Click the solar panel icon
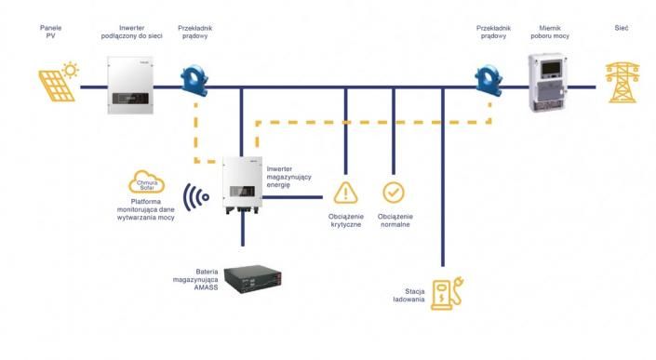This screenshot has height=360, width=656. click(57, 87)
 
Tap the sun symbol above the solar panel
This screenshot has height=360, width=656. click(71, 70)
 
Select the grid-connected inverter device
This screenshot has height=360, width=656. click(130, 86)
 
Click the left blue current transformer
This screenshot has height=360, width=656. click(194, 81)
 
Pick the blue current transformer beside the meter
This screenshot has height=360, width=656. click(489, 81)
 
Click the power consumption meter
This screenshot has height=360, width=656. click(548, 83)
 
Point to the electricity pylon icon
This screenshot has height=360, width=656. click(623, 83)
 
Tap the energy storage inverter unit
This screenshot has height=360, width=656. click(243, 184)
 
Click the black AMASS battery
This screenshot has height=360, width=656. click(253, 278)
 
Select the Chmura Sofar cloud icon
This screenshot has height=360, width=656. click(146, 182)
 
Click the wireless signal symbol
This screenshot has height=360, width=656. click(195, 197)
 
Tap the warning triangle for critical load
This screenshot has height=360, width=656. click(345, 193)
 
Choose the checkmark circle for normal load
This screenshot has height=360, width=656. click(394, 193)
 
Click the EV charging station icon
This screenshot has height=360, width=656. click(447, 293)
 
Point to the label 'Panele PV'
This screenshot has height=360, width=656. click(50, 32)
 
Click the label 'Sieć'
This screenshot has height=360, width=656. click(622, 28)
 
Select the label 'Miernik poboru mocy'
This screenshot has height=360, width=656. click(550, 32)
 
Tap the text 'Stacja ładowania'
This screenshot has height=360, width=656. click(408, 295)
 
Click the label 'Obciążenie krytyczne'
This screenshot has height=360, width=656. click(345, 220)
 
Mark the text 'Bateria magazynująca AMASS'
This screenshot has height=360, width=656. click(195, 279)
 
